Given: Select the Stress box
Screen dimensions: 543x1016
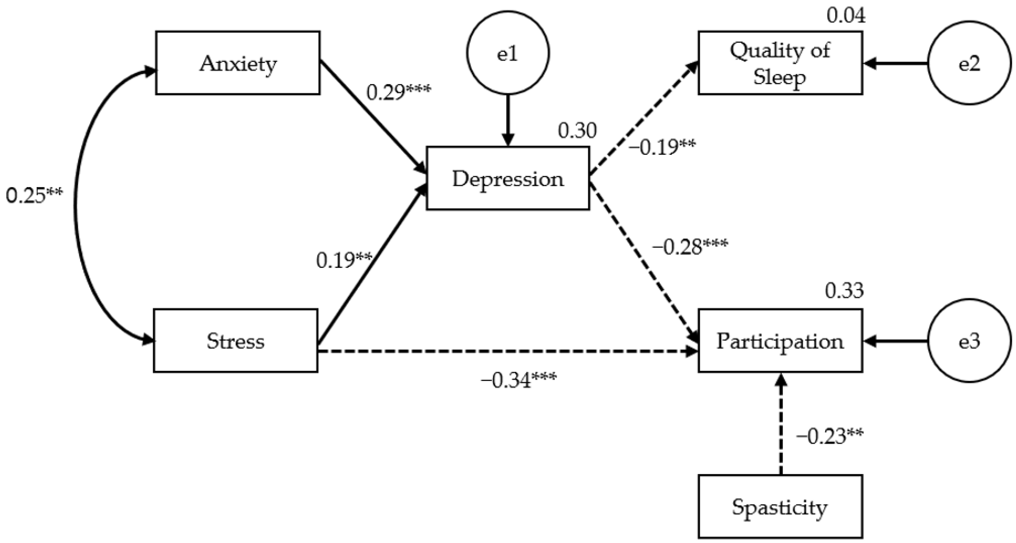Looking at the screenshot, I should [x=235, y=341].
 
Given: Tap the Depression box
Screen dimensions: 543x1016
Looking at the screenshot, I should [x=508, y=178].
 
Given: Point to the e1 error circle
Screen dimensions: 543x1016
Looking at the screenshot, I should [x=508, y=53].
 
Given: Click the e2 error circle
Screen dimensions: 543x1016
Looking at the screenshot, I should [x=969, y=63].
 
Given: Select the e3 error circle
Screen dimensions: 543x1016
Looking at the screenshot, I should [x=969, y=341].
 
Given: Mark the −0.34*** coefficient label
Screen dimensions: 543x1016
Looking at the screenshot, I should [x=518, y=380].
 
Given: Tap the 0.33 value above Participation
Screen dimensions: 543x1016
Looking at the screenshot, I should [x=844, y=291].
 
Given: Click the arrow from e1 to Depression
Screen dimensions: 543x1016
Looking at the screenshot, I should [x=508, y=120].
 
